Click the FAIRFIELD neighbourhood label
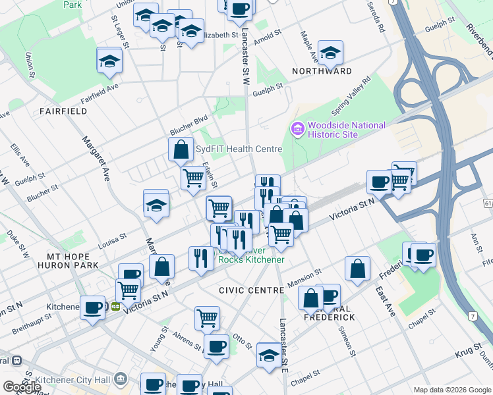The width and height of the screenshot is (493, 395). pyautogui.click(x=63, y=111)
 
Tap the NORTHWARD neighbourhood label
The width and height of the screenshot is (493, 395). pyautogui.click(x=325, y=71)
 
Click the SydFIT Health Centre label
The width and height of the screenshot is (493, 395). pyautogui.click(x=239, y=149)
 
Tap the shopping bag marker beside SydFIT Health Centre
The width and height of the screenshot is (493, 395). pyautogui.click(x=181, y=149)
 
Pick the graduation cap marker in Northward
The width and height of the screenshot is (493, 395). pyautogui.click(x=330, y=53)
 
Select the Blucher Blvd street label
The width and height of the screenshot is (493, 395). pyautogui.click(x=188, y=124)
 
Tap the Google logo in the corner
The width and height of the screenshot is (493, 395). pyautogui.click(x=22, y=387)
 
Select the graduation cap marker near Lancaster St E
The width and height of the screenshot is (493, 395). pyautogui.click(x=269, y=355)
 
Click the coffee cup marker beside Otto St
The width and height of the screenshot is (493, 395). pyautogui.click(x=216, y=346)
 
